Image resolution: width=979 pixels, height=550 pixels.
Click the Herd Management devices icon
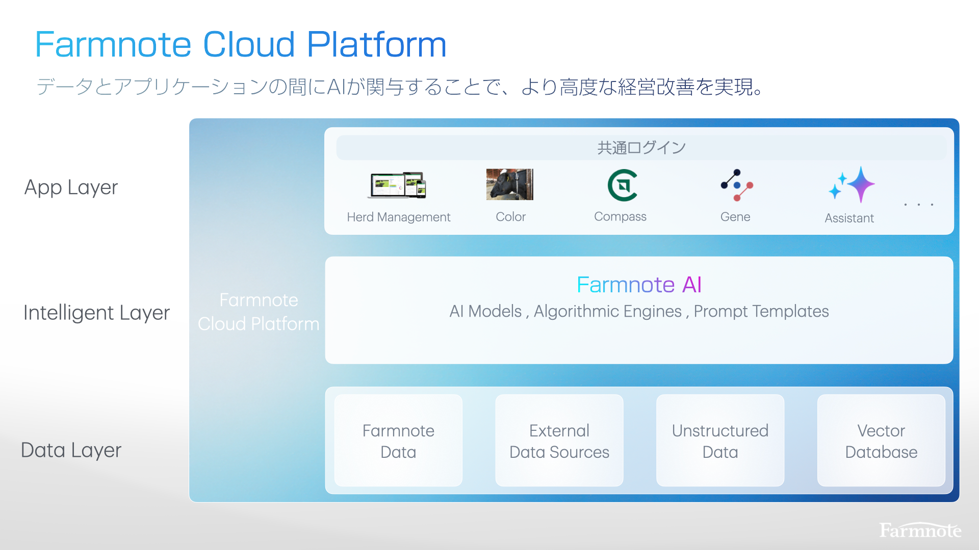(397, 185)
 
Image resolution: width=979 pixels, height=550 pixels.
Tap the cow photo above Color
(509, 184)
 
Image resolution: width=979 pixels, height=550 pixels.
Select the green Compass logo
(622, 185)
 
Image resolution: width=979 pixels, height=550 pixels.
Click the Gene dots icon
(736, 185)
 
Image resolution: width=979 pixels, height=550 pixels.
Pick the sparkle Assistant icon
(852, 185)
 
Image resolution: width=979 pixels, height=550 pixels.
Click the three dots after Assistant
(918, 205)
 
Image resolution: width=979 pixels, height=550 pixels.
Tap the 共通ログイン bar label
(641, 148)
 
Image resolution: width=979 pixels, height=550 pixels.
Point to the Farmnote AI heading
(639, 285)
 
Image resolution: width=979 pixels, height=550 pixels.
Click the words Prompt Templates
(761, 311)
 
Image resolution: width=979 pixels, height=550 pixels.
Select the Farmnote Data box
(398, 441)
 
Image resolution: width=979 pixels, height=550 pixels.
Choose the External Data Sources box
(559, 441)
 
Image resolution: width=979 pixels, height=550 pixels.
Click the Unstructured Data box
(720, 441)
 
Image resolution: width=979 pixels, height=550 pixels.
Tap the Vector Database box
(881, 441)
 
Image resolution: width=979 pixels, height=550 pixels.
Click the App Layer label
(71, 187)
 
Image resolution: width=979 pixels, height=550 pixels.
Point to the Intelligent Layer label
(96, 313)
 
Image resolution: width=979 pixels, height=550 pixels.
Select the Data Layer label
(71, 450)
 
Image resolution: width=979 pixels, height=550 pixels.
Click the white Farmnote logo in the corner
(920, 531)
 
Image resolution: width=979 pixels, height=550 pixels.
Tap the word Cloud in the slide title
(249, 44)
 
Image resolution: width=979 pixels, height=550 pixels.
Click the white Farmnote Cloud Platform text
(259, 312)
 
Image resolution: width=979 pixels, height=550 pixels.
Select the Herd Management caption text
(398, 217)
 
